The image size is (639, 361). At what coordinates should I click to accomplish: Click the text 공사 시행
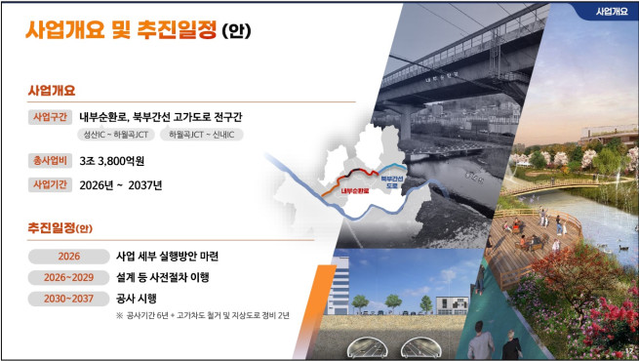(137, 298)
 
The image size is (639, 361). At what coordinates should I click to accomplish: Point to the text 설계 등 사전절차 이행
(162, 277)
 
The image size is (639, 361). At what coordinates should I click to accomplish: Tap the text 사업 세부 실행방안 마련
(167, 256)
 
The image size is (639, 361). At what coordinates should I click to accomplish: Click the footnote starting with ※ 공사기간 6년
(202, 316)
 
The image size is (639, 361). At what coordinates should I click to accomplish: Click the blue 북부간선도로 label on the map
(392, 181)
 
